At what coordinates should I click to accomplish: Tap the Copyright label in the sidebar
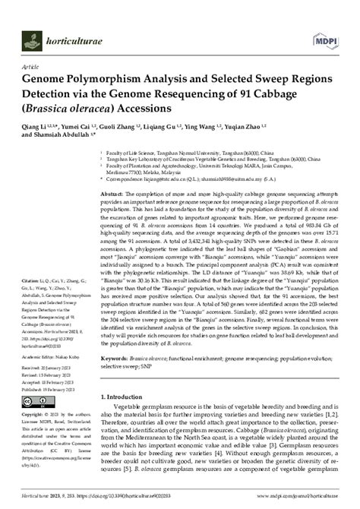[34, 415]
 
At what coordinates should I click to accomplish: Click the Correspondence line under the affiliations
[190, 181]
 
